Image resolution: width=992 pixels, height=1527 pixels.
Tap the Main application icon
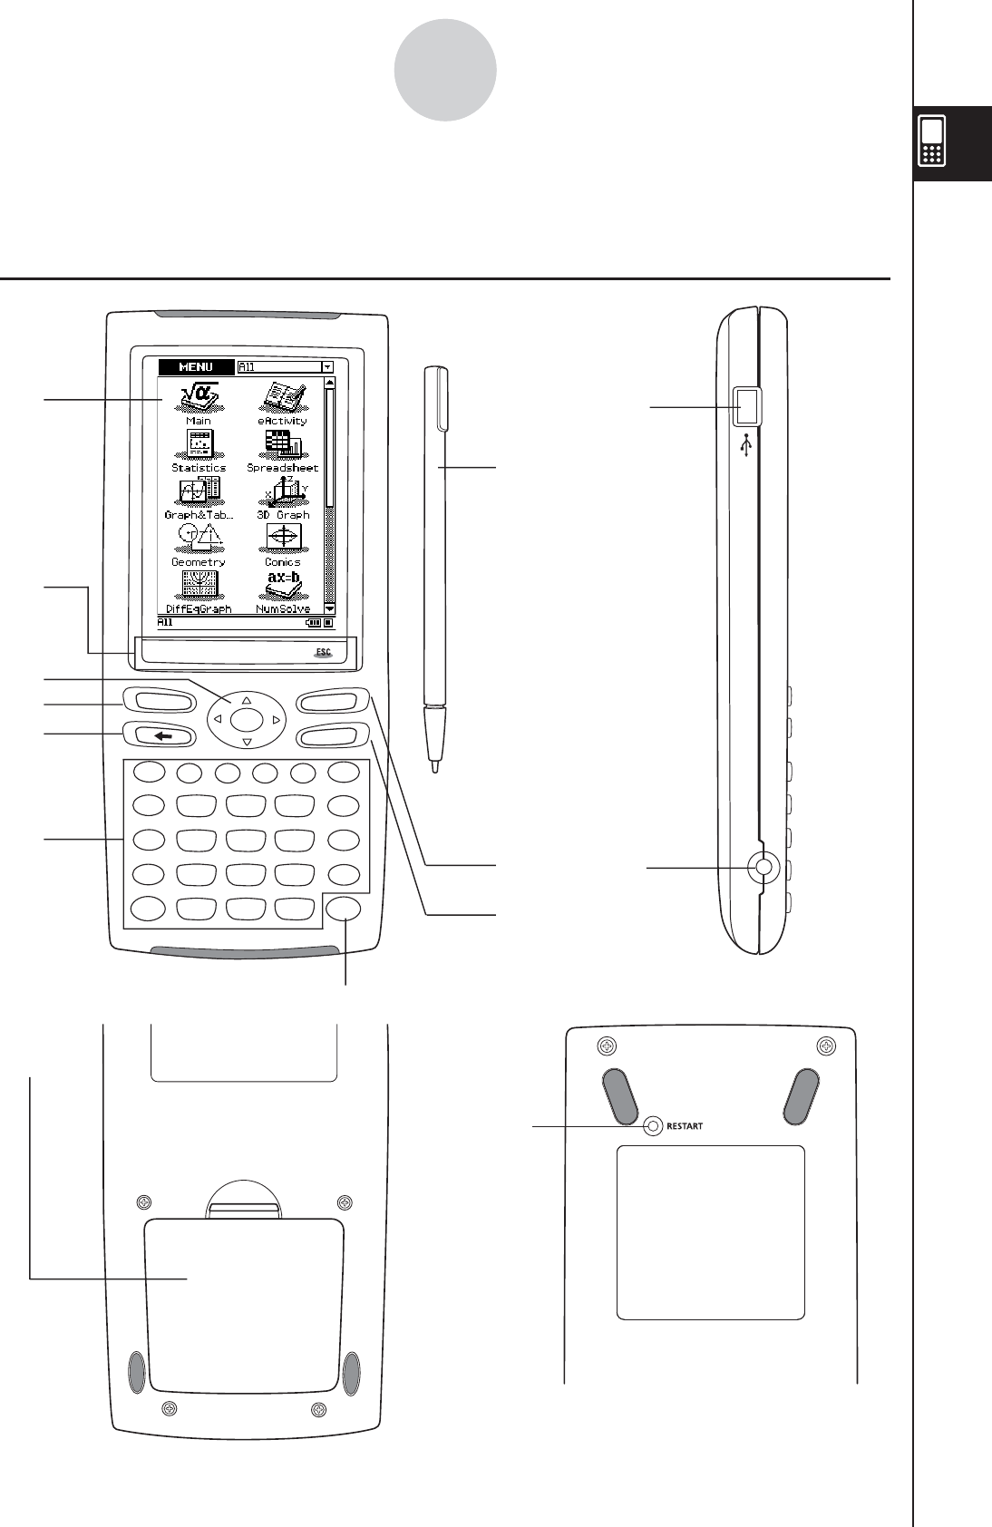[x=199, y=399]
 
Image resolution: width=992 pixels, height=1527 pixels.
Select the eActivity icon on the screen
[x=282, y=398]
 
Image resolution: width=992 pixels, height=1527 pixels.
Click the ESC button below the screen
[x=323, y=652]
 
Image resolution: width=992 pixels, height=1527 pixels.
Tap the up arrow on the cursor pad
[x=247, y=701]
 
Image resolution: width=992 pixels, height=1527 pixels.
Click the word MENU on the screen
[x=196, y=367]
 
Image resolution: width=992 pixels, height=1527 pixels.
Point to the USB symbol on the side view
[x=745, y=445]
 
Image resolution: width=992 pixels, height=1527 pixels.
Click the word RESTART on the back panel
[x=685, y=1127]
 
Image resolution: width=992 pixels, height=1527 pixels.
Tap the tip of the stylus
[x=435, y=768]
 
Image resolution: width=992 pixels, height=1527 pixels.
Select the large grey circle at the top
[x=445, y=71]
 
